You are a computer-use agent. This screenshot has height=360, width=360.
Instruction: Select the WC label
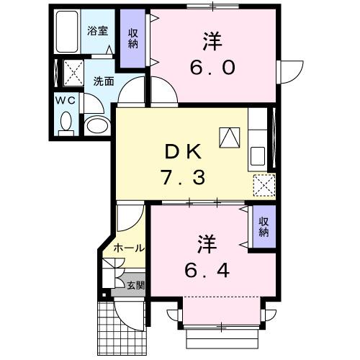pos(66,101)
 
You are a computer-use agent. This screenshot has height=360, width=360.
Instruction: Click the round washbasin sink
pos(96,126)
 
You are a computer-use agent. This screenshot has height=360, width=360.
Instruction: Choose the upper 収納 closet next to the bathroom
pos(134,39)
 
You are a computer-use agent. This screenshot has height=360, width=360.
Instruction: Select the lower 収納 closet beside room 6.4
pos(264,227)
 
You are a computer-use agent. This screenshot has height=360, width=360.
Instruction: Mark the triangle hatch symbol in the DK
pos(230,138)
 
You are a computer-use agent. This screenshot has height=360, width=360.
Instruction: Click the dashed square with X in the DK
pos(264,185)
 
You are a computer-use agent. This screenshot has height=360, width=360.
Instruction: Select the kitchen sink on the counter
pos(257,156)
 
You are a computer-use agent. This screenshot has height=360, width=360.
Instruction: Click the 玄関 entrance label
pos(135,285)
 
